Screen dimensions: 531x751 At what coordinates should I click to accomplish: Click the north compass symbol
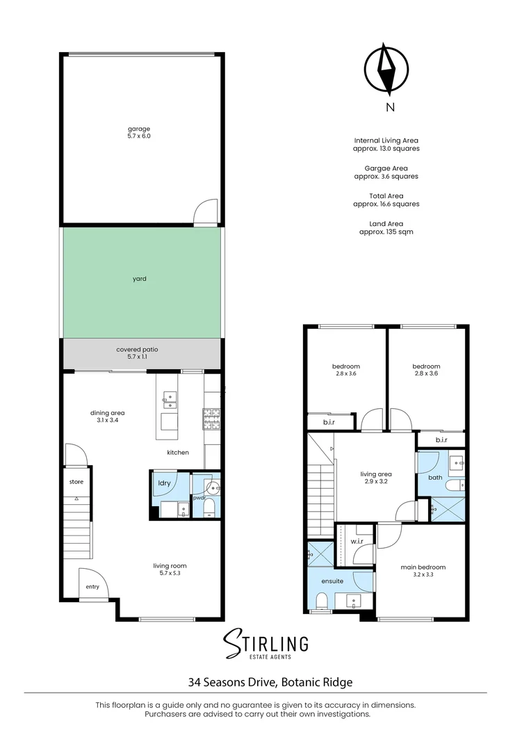coord(386,68)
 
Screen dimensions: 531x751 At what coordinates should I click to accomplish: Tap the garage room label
coord(139,129)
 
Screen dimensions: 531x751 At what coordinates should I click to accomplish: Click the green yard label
coord(139,279)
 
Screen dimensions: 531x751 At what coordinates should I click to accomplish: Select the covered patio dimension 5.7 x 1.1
coord(137,357)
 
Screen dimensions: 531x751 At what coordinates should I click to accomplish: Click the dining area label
coord(107,413)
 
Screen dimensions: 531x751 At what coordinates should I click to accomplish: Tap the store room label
coord(76,482)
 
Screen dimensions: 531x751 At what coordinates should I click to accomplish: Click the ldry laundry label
coord(164,483)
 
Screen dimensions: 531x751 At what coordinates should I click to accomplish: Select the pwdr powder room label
coord(199,498)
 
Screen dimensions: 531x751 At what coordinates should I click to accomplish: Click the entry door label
coord(92,587)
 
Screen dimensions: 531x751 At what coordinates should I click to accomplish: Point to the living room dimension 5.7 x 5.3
coord(170,573)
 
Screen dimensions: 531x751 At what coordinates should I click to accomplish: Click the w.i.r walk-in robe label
coord(357,541)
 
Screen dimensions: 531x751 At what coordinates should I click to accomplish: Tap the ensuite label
coord(332,581)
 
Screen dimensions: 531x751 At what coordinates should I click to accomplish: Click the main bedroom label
coord(423,567)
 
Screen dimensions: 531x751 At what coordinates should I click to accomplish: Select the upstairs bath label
coord(435,477)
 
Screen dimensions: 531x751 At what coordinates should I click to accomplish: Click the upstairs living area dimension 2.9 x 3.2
coord(376,481)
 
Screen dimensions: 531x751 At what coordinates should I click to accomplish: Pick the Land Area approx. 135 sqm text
coord(386,227)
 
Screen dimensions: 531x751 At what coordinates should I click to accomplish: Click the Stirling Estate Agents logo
coord(265,644)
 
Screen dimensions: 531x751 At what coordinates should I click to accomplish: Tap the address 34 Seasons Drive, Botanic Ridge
coord(270,682)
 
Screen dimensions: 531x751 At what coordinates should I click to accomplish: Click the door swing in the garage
coord(206,211)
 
